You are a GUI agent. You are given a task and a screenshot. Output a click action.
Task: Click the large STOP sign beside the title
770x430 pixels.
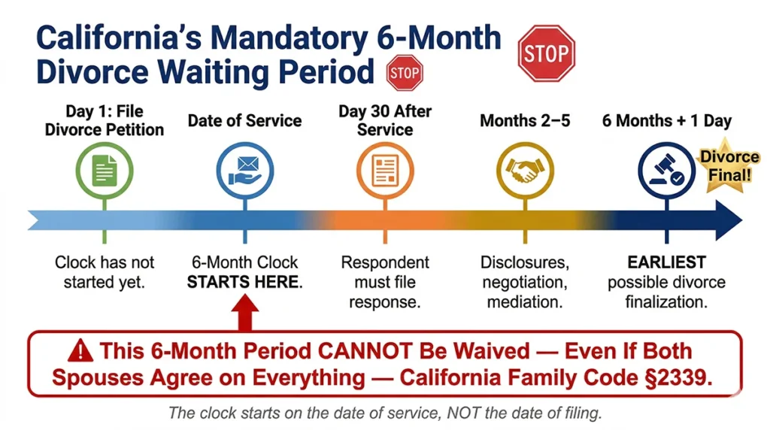tap(547, 53)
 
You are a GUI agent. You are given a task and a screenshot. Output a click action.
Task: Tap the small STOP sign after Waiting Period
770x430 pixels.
tap(405, 74)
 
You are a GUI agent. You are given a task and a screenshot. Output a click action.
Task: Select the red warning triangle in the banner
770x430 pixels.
tap(82, 351)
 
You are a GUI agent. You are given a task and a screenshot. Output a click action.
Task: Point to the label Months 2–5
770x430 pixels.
tap(525, 120)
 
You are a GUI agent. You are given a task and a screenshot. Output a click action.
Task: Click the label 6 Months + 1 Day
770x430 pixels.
tap(666, 120)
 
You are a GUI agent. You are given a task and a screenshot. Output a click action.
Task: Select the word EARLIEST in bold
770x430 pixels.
tap(666, 262)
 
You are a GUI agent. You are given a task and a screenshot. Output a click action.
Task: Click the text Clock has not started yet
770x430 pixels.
tap(105, 272)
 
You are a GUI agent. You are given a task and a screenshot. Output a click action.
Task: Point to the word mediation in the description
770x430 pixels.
tap(524, 302)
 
